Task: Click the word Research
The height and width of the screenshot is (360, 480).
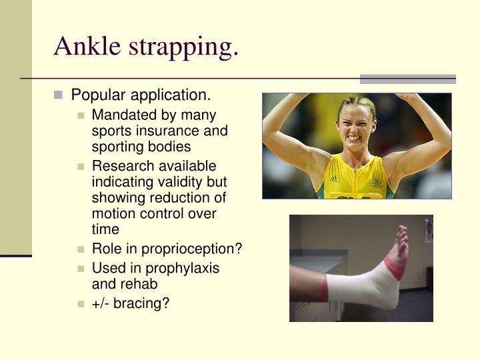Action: [x=121, y=166]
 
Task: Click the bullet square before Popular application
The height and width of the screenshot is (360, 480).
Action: [x=59, y=95]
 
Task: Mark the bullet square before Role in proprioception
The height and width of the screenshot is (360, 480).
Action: [x=81, y=250]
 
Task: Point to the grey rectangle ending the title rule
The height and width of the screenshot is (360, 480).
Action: [x=407, y=79]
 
